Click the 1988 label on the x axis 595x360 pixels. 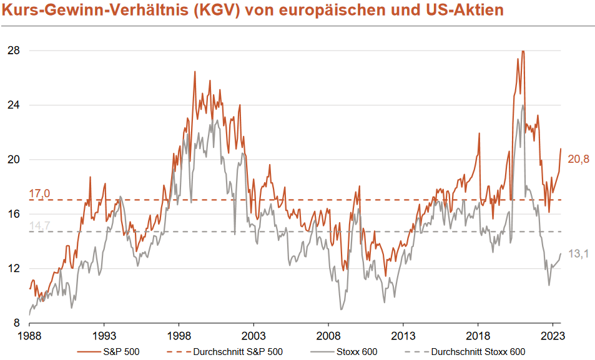(29, 335)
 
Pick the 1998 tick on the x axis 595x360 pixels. (179, 335)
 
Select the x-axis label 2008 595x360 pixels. (328, 335)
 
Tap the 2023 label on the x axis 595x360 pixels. (553, 335)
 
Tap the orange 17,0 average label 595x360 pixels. (39, 193)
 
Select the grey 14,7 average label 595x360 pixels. (39, 225)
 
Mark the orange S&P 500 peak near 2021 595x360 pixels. (523, 52)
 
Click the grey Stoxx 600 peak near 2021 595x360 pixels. (523, 105)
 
